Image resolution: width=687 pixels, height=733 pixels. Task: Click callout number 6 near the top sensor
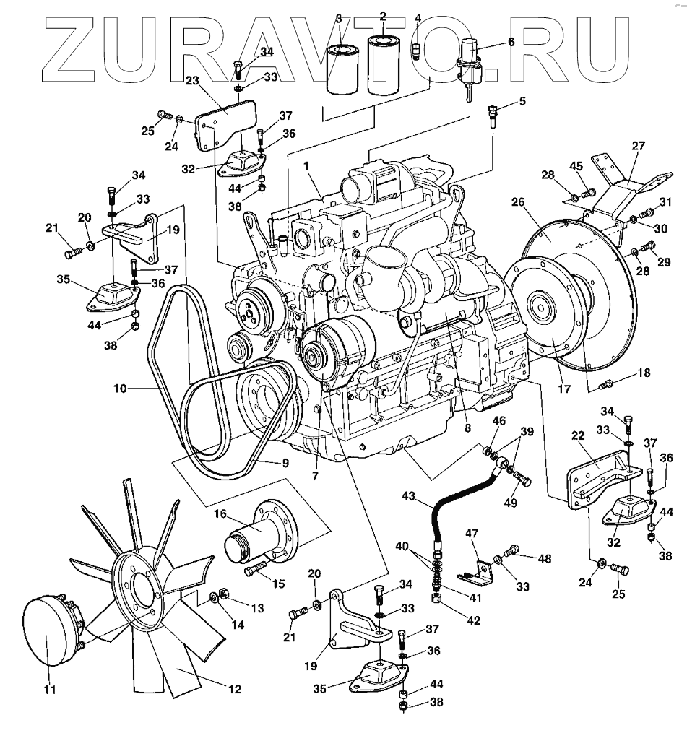click(511, 43)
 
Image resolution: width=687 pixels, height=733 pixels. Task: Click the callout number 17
click(564, 389)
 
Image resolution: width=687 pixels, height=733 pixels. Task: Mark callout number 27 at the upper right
click(638, 144)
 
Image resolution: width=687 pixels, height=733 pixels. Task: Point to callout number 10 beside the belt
click(120, 389)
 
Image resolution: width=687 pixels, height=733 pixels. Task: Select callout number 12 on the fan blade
click(234, 688)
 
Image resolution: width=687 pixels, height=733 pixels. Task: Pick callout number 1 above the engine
click(306, 166)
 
